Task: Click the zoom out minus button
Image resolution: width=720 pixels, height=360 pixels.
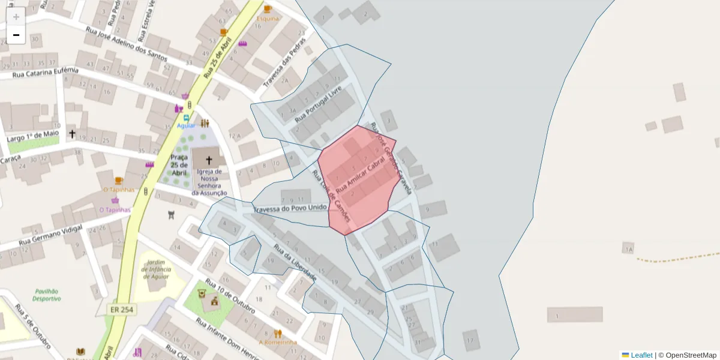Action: pyautogui.click(x=16, y=35)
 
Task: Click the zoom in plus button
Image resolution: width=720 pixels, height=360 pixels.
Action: pyautogui.click(x=16, y=16)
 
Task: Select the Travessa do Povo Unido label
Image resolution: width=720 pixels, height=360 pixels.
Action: pyautogui.click(x=290, y=208)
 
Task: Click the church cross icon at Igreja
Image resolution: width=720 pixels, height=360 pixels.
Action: pyautogui.click(x=209, y=160)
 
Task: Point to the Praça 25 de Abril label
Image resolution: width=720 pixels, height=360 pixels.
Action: pyautogui.click(x=179, y=164)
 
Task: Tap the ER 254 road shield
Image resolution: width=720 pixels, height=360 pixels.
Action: pyautogui.click(x=122, y=310)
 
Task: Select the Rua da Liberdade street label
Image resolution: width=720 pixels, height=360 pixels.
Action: pyautogui.click(x=295, y=263)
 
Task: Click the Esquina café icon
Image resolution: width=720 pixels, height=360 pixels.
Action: pyautogui.click(x=268, y=9)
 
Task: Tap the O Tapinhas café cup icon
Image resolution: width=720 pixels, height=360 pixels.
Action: pyautogui.click(x=119, y=180)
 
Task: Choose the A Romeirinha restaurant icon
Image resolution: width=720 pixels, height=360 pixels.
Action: pyautogui.click(x=278, y=333)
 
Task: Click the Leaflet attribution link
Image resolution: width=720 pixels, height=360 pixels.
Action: pyautogui.click(x=641, y=355)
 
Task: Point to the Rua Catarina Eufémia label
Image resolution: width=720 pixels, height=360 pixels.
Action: pyautogui.click(x=46, y=73)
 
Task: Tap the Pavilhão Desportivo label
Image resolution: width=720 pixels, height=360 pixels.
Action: pyautogui.click(x=47, y=294)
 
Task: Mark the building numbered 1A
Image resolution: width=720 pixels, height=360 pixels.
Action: pyautogui.click(x=628, y=248)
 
